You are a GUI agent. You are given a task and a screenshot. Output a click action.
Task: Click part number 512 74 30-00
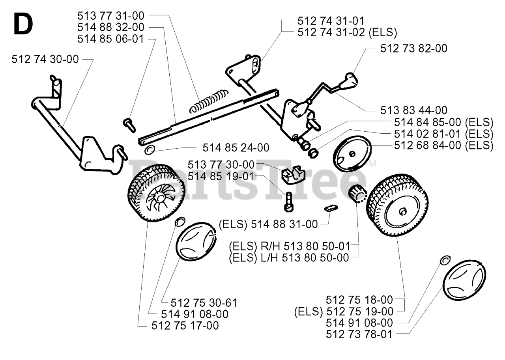pos(45,59)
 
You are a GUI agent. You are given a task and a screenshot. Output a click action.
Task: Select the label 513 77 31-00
pos(111,16)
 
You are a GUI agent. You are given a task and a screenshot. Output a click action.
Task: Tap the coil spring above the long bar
pos(209,101)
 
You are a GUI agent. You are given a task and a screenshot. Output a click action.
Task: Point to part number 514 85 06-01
pos(111,39)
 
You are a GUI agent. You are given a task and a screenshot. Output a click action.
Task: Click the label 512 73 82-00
pos(414,48)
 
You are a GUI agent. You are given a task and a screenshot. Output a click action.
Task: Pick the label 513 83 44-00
pos(414,110)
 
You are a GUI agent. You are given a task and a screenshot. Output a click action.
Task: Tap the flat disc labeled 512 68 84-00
pos(352,154)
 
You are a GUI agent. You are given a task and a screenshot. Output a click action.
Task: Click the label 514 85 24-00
pos(236,148)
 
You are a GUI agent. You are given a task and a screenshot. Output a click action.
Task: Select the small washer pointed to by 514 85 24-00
pos(150,149)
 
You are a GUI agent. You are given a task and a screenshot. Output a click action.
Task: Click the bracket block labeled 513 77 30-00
pos(293,175)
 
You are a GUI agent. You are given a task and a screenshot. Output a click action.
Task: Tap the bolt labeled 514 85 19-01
pos(289,202)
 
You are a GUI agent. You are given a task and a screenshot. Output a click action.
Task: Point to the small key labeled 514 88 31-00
pos(331,208)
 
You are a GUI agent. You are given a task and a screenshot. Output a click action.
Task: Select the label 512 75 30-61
pos(204,303)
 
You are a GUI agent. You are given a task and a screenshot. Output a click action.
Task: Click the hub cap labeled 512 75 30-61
pos(196,242)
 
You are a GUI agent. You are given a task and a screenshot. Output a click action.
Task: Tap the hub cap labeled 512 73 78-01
pos(464,280)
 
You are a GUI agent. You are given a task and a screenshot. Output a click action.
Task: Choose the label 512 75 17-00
pos(185,326)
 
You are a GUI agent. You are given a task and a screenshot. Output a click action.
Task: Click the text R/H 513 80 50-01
pos(305,246)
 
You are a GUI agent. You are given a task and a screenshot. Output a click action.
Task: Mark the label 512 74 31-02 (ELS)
pos(347,32)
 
